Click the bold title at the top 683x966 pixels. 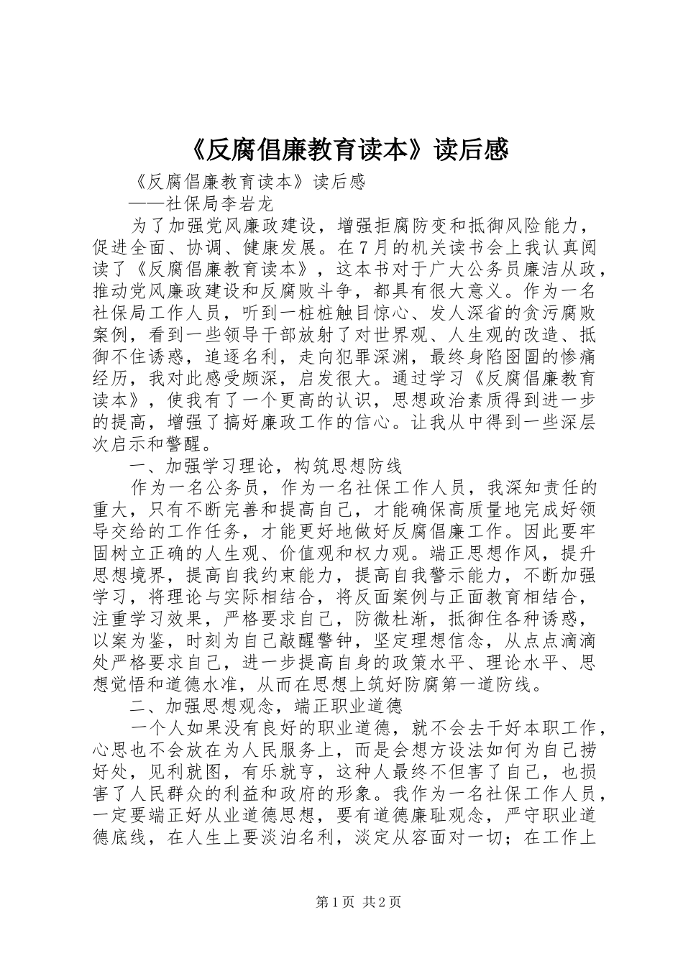click(x=341, y=149)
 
